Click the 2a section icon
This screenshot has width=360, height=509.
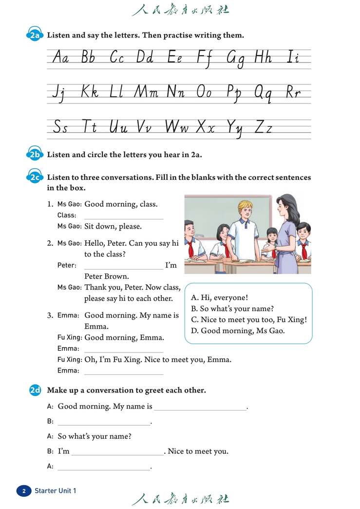click(x=35, y=36)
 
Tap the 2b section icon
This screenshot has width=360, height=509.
click(x=35, y=155)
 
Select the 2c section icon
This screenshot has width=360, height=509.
click(x=35, y=178)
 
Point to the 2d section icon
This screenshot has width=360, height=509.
click(x=35, y=391)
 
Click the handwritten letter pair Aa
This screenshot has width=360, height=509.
click(x=60, y=58)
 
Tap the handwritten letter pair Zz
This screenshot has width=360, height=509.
click(x=263, y=128)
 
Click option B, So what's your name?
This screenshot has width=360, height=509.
click(x=232, y=309)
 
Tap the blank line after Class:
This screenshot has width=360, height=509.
click(x=124, y=216)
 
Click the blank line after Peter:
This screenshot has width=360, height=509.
click(x=124, y=266)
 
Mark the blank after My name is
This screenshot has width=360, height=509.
click(x=200, y=407)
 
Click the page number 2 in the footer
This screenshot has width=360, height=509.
click(x=23, y=491)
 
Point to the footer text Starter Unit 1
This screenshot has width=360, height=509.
click(x=55, y=491)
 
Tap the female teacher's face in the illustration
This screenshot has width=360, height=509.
click(x=283, y=210)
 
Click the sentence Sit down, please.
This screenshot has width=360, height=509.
click(x=113, y=226)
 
